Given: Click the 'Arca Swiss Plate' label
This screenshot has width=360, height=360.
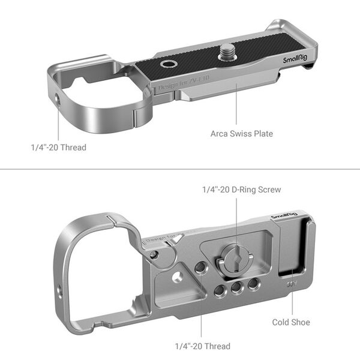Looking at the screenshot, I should click(x=241, y=133).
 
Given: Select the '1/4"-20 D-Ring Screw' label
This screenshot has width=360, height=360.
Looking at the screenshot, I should click(x=240, y=190).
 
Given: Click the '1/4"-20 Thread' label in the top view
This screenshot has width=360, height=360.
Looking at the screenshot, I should click(x=58, y=147).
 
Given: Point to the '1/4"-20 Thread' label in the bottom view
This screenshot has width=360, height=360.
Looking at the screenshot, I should click(x=202, y=346).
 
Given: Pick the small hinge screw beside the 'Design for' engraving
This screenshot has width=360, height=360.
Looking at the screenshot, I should click(x=155, y=255).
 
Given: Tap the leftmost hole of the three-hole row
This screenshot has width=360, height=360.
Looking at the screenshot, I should click(x=220, y=290).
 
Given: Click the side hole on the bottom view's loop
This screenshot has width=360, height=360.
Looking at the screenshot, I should click(x=59, y=293).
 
